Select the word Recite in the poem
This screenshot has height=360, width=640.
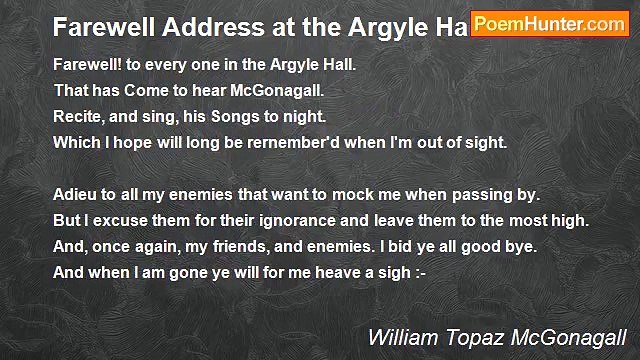(77, 116)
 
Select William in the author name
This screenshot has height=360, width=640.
(400, 337)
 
